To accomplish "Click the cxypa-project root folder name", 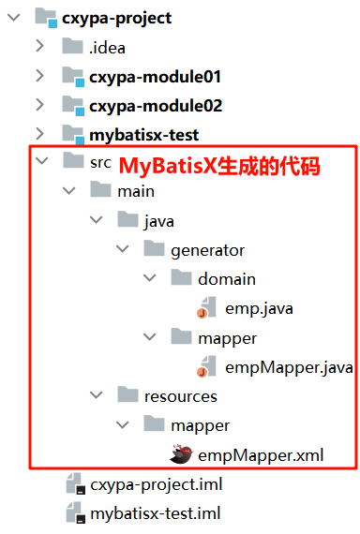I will (116, 18).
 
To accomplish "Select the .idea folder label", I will (108, 47).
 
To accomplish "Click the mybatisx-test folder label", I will (143, 134).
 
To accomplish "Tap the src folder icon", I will (72, 162).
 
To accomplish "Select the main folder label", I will (136, 191).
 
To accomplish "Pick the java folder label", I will (159, 221).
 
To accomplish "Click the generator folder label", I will (207, 250).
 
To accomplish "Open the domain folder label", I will (226, 279).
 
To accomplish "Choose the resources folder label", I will (180, 396).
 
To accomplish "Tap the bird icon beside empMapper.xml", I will (181, 455).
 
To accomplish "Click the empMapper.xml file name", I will (260, 455).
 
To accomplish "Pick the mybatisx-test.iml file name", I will (155, 513).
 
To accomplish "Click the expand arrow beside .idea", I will (38, 47).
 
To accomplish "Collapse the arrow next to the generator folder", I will (122, 250).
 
